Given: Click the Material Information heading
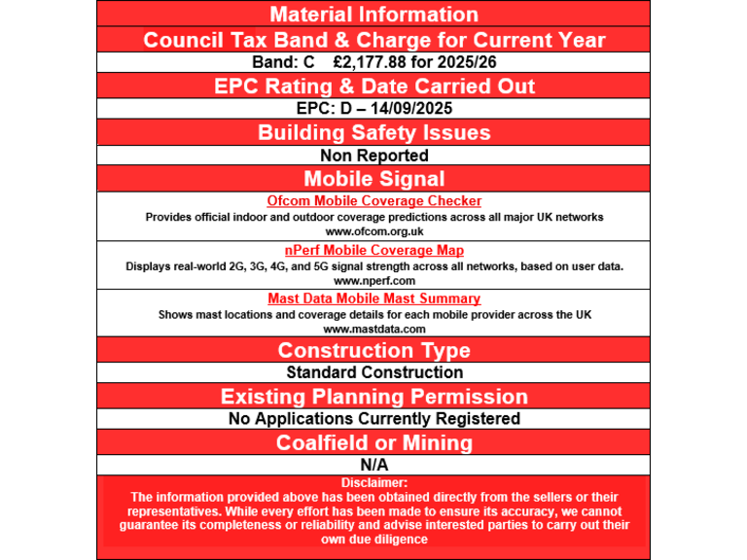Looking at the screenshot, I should [x=373, y=15].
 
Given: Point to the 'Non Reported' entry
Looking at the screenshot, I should [x=373, y=156].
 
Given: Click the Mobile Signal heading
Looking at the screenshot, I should [x=373, y=179].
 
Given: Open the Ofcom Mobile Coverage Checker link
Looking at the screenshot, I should [x=373, y=201].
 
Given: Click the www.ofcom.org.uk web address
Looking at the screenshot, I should [x=373, y=231].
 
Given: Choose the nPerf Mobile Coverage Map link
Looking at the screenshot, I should [x=373, y=251].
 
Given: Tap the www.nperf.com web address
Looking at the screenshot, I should [x=373, y=280].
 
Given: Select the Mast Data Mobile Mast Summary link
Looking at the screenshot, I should [x=373, y=299].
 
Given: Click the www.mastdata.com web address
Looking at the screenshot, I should [x=373, y=329].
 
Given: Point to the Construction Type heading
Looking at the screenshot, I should [x=373, y=350].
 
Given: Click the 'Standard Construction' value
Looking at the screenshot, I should [x=373, y=372].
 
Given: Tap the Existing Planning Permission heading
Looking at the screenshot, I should [x=373, y=397].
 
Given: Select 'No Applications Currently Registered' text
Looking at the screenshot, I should [x=373, y=419].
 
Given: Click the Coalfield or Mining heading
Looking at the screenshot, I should [x=373, y=442].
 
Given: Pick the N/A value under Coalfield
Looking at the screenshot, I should [x=373, y=466].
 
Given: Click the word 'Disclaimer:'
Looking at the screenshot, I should [x=373, y=482].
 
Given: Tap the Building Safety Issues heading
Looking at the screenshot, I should [x=373, y=132].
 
